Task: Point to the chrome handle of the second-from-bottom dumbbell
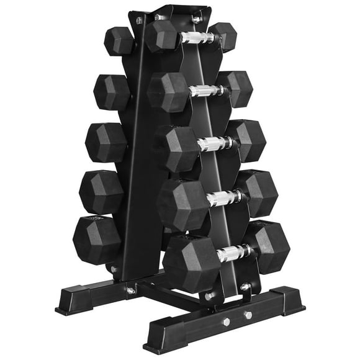[223, 198]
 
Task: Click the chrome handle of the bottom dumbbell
[232, 253]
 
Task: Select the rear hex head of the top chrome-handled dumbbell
[224, 36]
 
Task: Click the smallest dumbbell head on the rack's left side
[119, 41]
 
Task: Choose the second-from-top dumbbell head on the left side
[112, 92]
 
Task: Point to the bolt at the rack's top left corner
[138, 21]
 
